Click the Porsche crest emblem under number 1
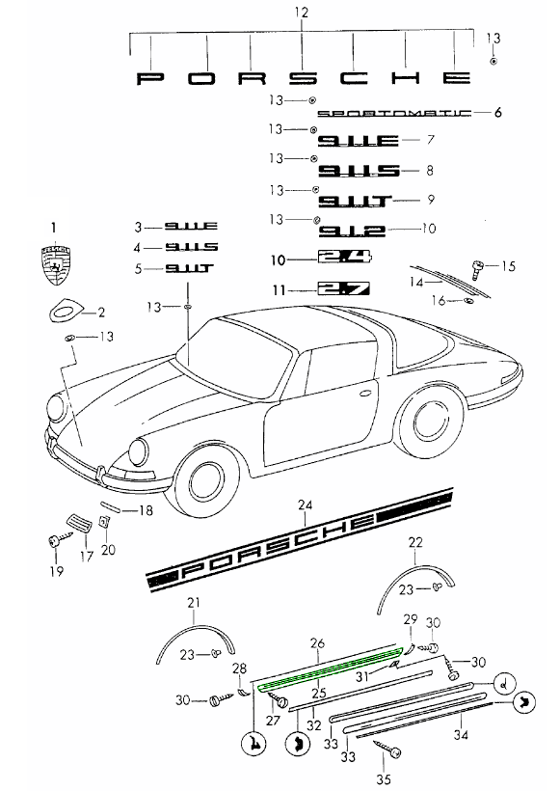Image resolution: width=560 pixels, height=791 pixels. [54, 265]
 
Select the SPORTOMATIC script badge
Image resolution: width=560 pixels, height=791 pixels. [393, 113]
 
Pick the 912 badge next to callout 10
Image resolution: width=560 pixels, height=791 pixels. [352, 230]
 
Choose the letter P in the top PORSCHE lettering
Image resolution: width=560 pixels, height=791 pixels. [152, 77]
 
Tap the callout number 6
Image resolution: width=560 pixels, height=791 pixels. [498, 113]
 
